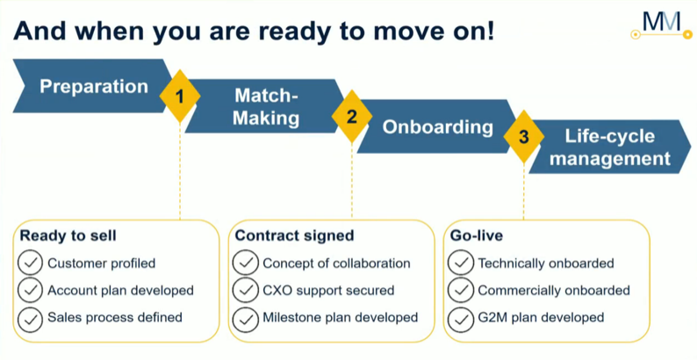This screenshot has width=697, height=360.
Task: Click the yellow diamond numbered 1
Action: tap(180, 96)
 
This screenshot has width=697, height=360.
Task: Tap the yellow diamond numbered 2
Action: tap(352, 117)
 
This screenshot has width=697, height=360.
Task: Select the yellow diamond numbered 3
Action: tap(524, 137)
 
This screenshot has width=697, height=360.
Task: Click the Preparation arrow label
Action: tap(94, 86)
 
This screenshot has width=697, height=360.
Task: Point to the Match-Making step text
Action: tap(266, 106)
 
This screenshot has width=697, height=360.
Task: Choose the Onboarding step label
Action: tap(438, 127)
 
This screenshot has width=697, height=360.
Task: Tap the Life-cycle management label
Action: tap(610, 148)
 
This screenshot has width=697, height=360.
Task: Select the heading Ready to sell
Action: tap(68, 235)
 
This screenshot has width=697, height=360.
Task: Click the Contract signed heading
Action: tap(294, 235)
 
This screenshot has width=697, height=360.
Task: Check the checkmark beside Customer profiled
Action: tap(30, 263)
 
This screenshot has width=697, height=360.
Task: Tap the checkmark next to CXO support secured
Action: tap(246, 291)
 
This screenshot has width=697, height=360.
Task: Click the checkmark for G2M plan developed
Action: tap(461, 318)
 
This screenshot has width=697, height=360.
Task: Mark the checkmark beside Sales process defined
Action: tap(30, 318)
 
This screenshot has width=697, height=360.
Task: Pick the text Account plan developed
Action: tap(120, 291)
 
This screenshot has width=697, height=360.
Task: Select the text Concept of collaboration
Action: tap(336, 263)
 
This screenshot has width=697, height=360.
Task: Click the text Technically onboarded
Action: tap(546, 263)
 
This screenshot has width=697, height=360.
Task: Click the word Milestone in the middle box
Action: tap(290, 318)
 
